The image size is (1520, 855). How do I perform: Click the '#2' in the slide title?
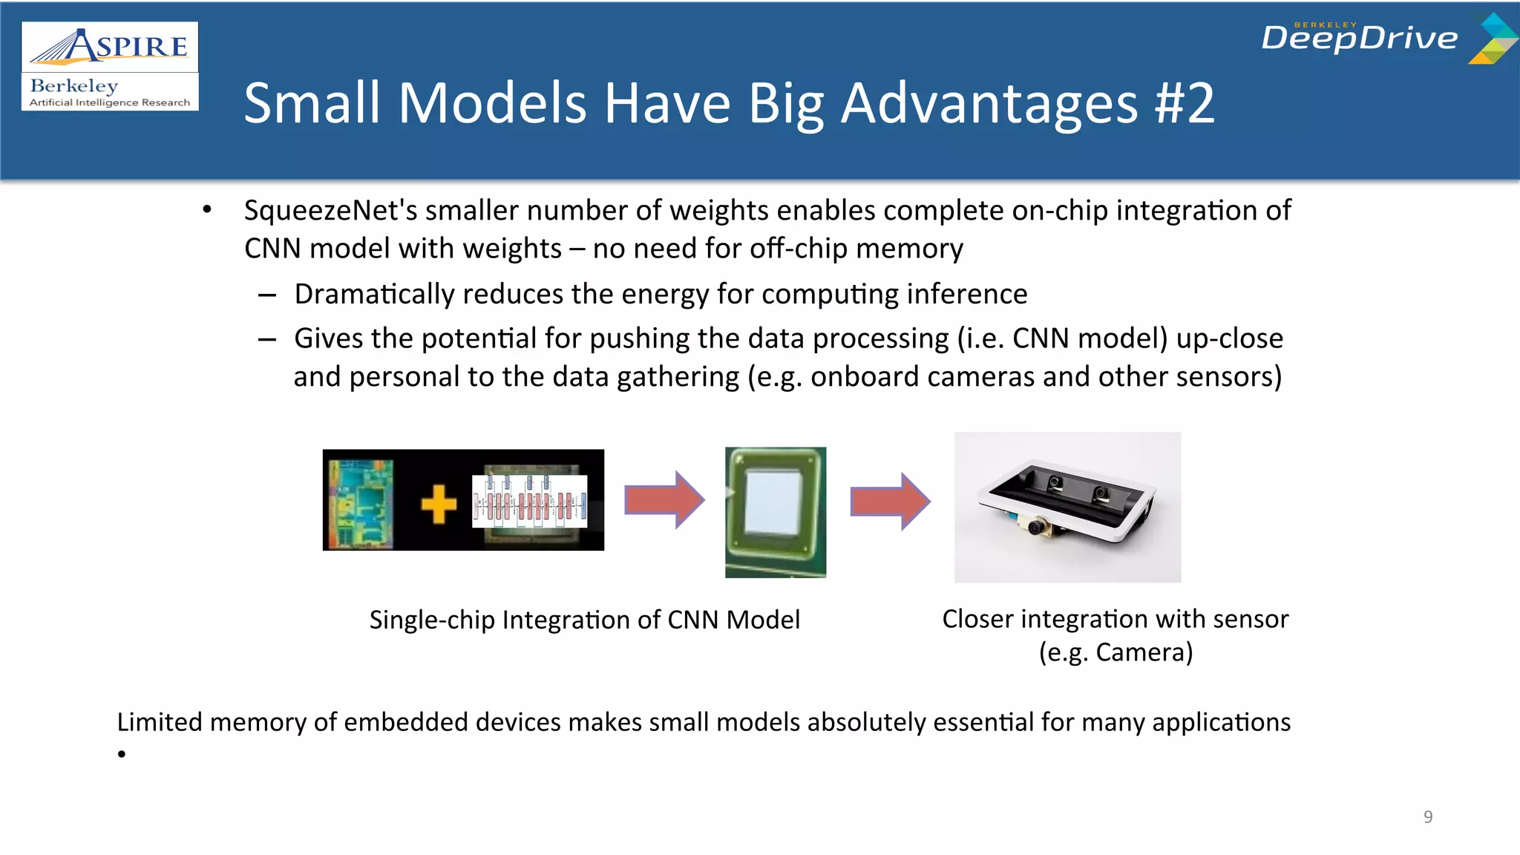pyautogui.click(x=1185, y=103)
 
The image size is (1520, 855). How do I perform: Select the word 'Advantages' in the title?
pyautogui.click(x=989, y=103)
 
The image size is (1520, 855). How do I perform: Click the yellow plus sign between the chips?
pyautogui.click(x=439, y=505)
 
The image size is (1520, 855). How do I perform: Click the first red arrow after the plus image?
pyautogui.click(x=664, y=499)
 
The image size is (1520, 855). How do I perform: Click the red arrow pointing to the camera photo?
pyautogui.click(x=889, y=501)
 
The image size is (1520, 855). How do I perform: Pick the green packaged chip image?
pyautogui.click(x=776, y=511)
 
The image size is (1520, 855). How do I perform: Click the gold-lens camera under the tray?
pyautogui.click(x=1038, y=526)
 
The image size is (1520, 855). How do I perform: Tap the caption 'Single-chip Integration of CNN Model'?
pyautogui.click(x=584, y=620)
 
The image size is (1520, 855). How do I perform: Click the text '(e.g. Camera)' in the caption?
pyautogui.click(x=1115, y=652)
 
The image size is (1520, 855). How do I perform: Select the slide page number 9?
pyautogui.click(x=1427, y=817)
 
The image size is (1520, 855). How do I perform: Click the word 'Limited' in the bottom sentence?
pyautogui.click(x=159, y=722)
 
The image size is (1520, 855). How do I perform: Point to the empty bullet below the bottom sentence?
pyautogui.click(x=122, y=755)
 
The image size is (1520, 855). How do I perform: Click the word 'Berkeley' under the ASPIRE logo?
pyautogui.click(x=74, y=86)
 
